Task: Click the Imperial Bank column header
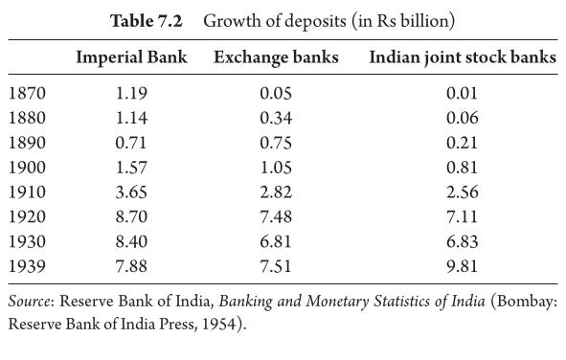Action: pyautogui.click(x=131, y=57)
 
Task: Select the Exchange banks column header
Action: pyautogui.click(x=276, y=57)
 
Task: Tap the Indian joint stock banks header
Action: pyautogui.click(x=463, y=57)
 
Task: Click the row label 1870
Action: pyautogui.click(x=27, y=93)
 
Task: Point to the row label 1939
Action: pyautogui.click(x=27, y=266)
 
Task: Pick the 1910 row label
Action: pyautogui.click(x=27, y=191)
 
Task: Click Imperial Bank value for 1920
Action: pyautogui.click(x=131, y=216)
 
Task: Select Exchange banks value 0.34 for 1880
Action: pyautogui.click(x=276, y=118)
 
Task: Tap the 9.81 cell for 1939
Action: pyautogui.click(x=462, y=266)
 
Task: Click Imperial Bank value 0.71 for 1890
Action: pyautogui.click(x=131, y=143)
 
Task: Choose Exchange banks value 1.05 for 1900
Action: pyautogui.click(x=276, y=168)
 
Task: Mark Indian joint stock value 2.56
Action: pyautogui.click(x=463, y=191)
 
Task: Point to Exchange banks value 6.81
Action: pyautogui.click(x=276, y=241)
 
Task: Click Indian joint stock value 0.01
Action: pyautogui.click(x=462, y=93)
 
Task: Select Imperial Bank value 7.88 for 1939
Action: pyautogui.click(x=131, y=266)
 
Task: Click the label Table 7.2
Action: pyautogui.click(x=147, y=21)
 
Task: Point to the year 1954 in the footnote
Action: pyautogui.click(x=218, y=324)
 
